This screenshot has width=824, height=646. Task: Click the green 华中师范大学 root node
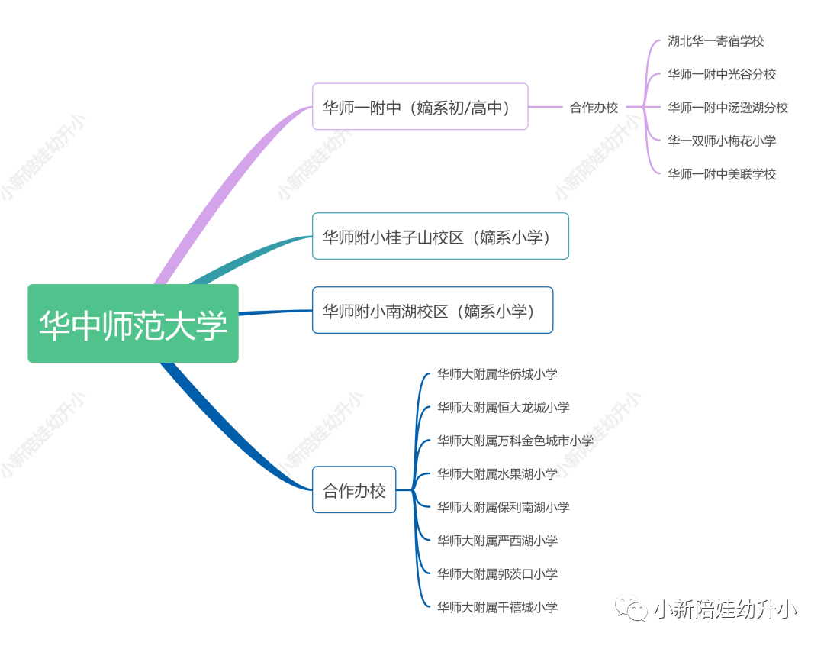[133, 323]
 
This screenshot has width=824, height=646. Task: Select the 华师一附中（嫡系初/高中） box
[420, 107]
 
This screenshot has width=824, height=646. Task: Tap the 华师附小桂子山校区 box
[440, 237]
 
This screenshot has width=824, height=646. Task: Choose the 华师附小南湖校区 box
[432, 310]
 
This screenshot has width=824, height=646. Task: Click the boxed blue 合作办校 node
[354, 489]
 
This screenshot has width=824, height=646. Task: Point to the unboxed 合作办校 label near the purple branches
[594, 108]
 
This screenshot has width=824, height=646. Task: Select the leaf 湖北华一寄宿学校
[716, 41]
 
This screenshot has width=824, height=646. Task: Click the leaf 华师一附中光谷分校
[722, 74]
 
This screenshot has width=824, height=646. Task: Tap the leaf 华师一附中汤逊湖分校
[728, 108]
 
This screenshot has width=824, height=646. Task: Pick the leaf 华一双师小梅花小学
[722, 141]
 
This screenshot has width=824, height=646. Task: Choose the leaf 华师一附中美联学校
[722, 174]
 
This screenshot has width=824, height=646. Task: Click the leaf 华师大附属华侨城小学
[497, 374]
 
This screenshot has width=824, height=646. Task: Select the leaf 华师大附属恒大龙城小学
[504, 408]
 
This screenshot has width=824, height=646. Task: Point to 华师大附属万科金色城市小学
[515, 441]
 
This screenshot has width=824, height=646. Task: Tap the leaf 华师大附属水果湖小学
[497, 474]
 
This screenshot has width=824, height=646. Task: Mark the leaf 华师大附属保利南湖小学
[504, 507]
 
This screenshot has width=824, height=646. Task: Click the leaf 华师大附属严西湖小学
[497, 541]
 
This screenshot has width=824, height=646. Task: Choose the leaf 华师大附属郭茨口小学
[497, 573]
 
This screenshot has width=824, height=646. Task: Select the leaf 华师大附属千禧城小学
[497, 607]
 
